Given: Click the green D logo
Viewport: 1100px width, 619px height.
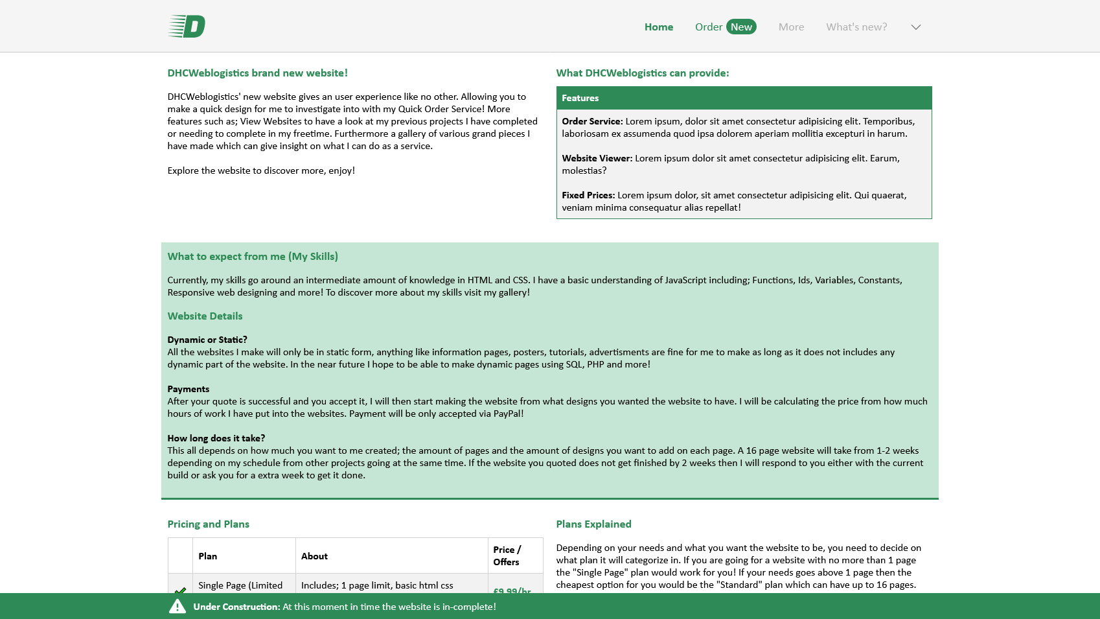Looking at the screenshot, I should point(187,27).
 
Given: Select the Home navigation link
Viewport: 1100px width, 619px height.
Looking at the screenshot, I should point(658,27).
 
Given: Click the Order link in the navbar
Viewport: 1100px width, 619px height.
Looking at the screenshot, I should point(708,27).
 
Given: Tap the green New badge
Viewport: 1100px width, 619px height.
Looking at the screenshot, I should point(741,27).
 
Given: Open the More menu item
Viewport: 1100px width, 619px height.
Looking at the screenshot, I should point(791,27).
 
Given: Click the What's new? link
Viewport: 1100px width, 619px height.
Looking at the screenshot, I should point(856,27).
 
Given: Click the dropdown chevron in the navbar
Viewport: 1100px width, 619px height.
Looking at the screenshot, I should point(915,27).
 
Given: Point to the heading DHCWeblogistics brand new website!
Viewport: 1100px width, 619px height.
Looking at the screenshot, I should point(257,73).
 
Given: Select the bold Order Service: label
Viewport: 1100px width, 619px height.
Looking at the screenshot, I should point(592,121).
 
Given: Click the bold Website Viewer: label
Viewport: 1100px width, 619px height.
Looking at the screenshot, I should point(597,158).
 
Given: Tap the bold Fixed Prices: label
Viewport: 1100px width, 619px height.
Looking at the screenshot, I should point(588,195).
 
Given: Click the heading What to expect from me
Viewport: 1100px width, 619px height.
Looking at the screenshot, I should point(253,257).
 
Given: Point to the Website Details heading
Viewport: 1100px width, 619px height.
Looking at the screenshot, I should point(205,316).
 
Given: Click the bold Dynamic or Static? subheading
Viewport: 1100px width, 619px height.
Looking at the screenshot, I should point(207,340).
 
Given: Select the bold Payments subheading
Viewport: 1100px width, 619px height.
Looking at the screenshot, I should point(188,389).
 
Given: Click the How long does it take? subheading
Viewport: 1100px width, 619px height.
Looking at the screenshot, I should point(216,438).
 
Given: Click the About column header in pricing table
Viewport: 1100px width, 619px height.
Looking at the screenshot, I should point(314,556).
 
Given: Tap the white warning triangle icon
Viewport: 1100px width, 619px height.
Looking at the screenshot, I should point(178,607).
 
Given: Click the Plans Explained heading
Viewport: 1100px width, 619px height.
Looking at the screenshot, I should point(593,524).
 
